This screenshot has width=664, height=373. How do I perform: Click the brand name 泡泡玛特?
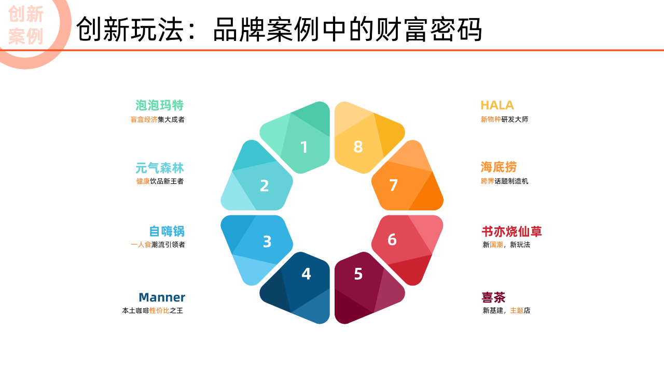tap(159, 105)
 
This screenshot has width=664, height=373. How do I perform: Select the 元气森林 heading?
tap(159, 168)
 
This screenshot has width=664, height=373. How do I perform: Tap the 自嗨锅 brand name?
tap(167, 231)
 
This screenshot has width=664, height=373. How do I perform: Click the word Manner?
tap(162, 297)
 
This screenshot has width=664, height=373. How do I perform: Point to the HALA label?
tap(497, 105)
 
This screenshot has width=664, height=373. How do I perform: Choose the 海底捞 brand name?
tap(499, 167)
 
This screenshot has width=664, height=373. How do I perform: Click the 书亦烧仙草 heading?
tap(511, 232)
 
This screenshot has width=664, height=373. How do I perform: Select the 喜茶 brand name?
tap(493, 297)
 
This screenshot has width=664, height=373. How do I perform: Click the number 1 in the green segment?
tap(304, 147)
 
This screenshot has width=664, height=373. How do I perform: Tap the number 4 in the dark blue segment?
tap(306, 274)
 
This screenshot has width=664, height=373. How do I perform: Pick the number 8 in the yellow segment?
tap(358, 147)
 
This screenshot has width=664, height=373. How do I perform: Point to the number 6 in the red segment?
tap(392, 239)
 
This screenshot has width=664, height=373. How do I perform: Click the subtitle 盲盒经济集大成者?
tap(158, 120)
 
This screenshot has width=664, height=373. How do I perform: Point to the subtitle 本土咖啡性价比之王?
tap(153, 310)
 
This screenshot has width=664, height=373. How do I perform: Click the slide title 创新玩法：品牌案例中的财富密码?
tap(279, 30)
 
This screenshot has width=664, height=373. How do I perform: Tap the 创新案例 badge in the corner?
tap(26, 25)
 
